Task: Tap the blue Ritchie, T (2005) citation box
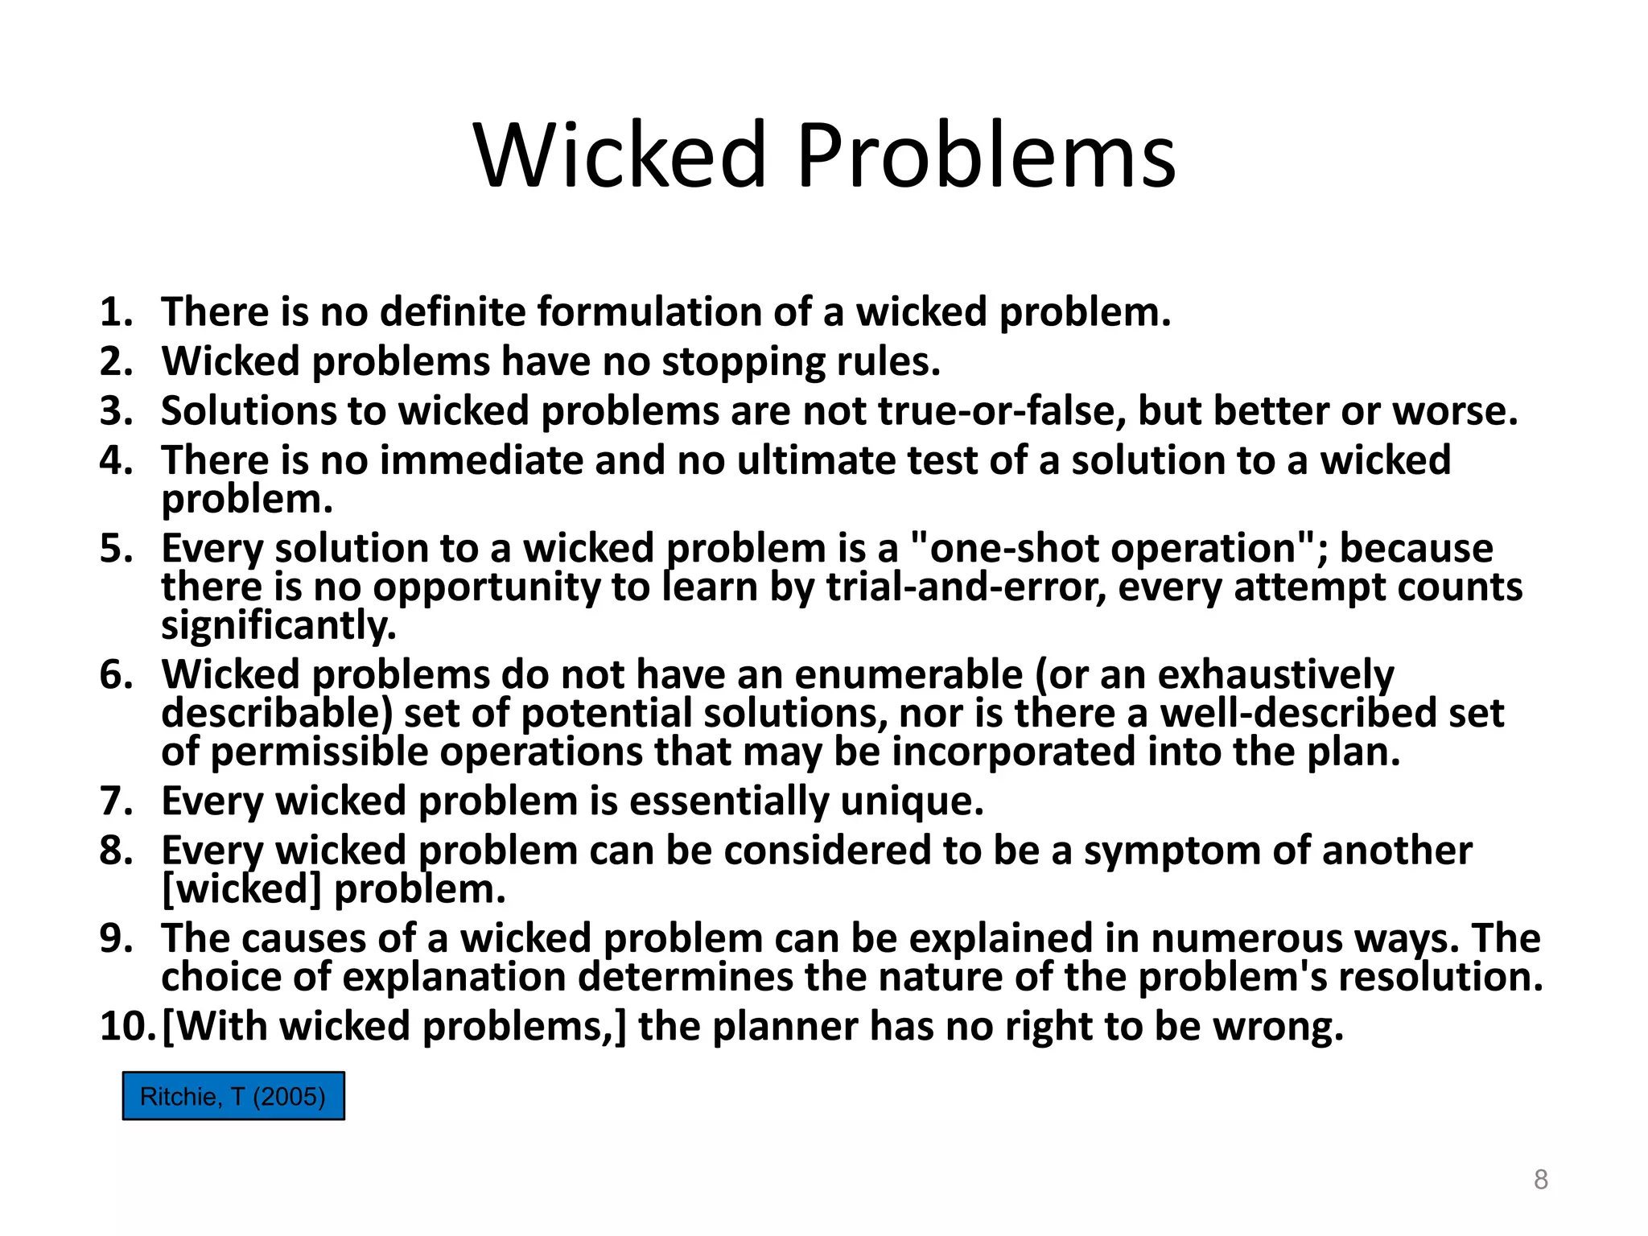click(x=233, y=1096)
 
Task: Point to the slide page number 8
click(x=1540, y=1179)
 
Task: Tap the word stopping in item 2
click(x=743, y=362)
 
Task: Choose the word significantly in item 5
click(x=278, y=626)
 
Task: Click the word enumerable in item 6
click(x=908, y=674)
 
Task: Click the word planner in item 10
click(x=785, y=1027)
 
